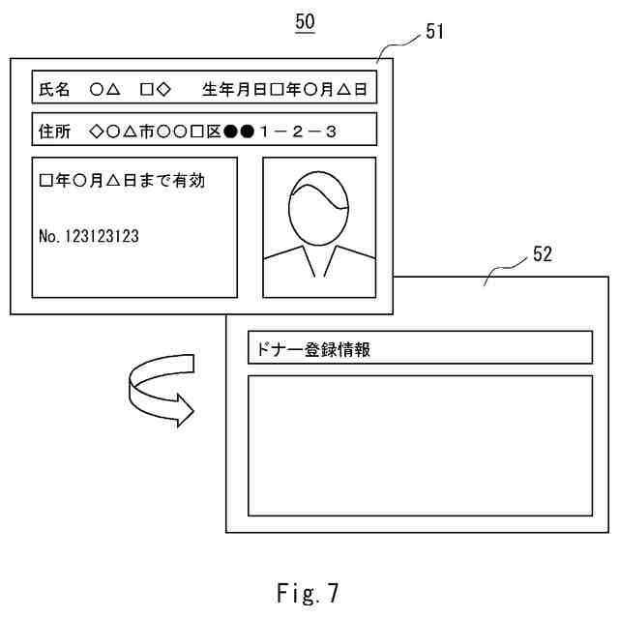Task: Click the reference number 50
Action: coord(305,21)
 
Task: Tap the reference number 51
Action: coord(434,32)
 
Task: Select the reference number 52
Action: coord(543,254)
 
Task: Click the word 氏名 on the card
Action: coord(55,90)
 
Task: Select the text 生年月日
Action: coord(234,90)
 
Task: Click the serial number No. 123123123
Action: coord(89,235)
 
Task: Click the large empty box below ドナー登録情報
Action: coord(420,445)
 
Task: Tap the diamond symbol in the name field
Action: coord(163,90)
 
